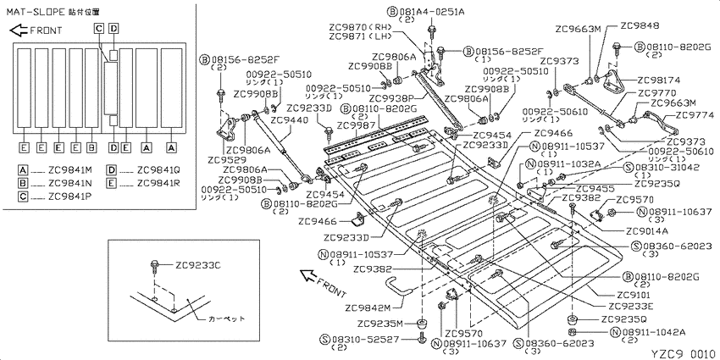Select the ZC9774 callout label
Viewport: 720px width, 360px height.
click(678, 114)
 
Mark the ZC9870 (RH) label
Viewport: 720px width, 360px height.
click(356, 26)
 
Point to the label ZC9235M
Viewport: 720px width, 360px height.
click(381, 324)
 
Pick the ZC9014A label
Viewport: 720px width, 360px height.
click(647, 230)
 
